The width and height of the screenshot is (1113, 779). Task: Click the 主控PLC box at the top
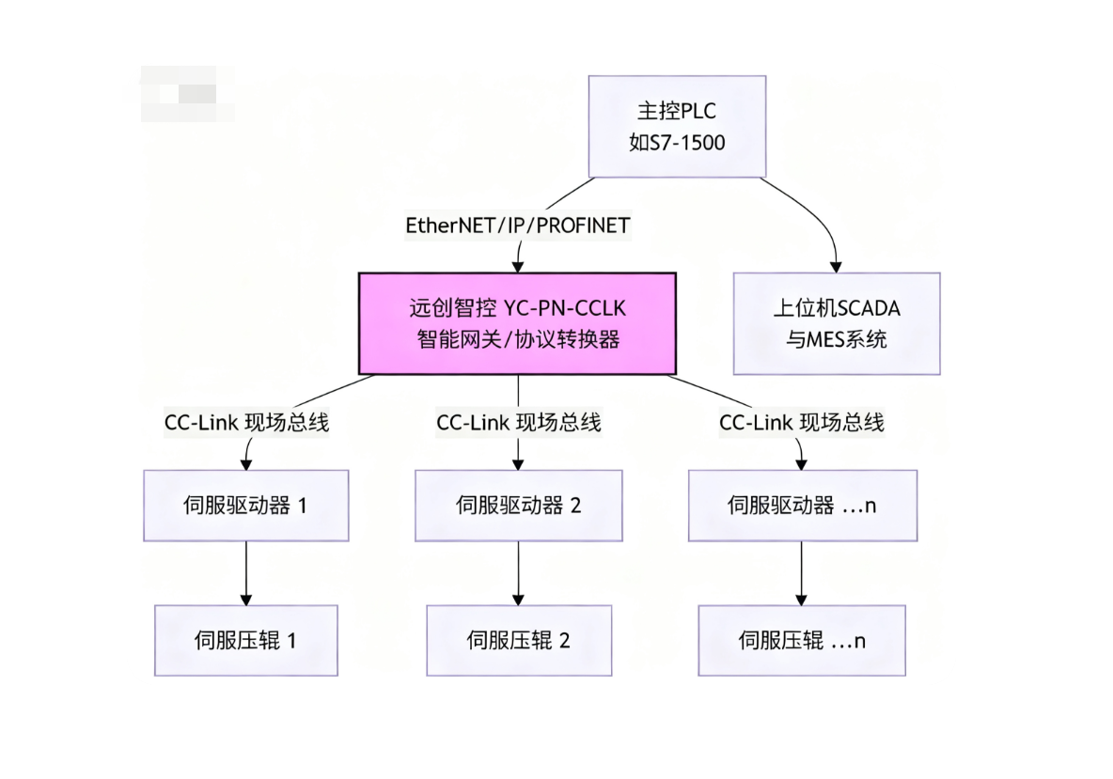677,126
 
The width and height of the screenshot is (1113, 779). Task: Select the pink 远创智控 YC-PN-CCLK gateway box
517,323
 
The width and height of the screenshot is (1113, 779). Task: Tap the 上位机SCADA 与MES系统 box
836,323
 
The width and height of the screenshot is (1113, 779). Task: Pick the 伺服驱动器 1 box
245,506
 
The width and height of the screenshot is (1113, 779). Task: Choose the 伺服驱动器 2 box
518,506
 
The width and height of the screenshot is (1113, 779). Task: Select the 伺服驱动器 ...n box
801,506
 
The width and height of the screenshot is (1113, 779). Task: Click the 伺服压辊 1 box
245,641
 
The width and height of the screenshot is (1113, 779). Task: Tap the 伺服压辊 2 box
518,641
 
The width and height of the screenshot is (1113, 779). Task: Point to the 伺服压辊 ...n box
801,641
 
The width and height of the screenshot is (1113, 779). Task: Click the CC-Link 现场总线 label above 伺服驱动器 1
246,423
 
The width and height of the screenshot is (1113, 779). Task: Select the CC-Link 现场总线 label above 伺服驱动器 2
518,423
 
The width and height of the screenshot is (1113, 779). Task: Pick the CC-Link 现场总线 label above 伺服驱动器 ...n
801,423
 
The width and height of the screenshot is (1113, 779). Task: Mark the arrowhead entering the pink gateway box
517,266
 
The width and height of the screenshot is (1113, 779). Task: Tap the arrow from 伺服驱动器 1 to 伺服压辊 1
245,573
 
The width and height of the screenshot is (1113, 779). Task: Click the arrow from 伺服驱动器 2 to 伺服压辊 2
518,573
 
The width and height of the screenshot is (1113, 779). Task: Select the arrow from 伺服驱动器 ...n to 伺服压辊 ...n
801,573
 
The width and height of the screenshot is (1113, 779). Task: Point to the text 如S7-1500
677,143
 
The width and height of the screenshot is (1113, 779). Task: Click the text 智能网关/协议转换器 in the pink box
517,339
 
